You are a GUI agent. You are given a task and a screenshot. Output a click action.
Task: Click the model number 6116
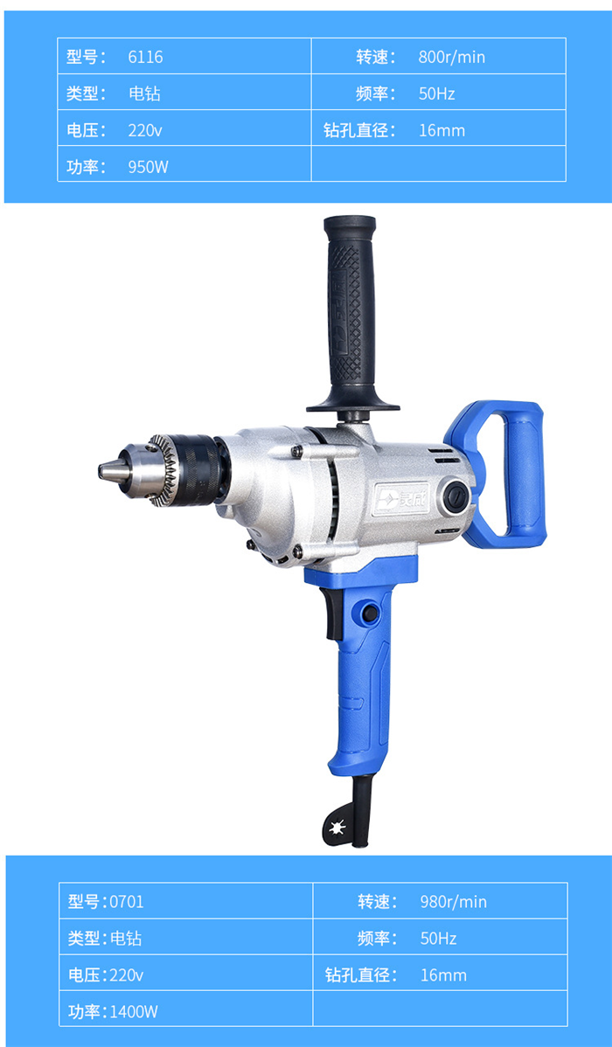(146, 57)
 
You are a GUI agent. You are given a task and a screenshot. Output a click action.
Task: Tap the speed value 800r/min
(452, 57)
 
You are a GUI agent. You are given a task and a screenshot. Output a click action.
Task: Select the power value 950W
(149, 167)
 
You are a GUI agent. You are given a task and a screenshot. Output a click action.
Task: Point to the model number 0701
(126, 902)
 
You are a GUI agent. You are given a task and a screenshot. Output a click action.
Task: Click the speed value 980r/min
(454, 902)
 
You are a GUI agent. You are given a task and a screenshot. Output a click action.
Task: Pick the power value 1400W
(134, 1012)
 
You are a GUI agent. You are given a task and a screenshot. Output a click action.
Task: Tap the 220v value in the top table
(145, 130)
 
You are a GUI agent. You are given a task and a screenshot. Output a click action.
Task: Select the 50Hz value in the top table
(437, 94)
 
